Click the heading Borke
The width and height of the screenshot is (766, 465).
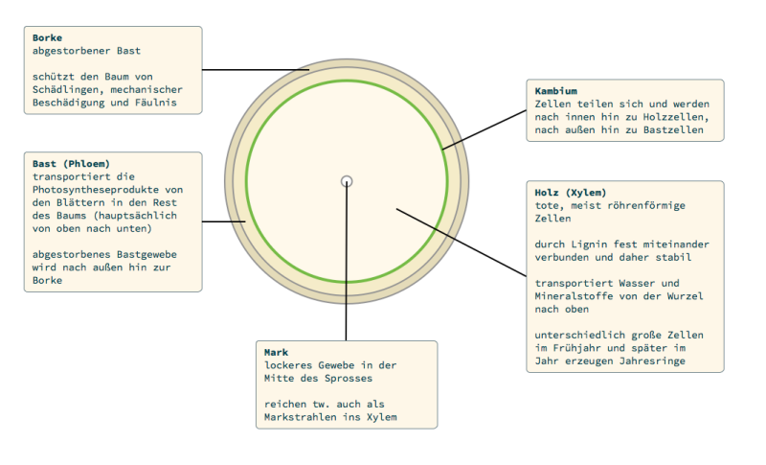point(47,37)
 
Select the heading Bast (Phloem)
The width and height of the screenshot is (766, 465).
point(71,163)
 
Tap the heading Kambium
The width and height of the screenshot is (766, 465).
point(556,91)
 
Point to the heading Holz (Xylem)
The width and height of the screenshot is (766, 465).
point(570,192)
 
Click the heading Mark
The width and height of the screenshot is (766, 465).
point(276,352)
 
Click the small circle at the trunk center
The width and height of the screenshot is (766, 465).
point(347,181)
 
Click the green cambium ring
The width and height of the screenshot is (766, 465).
point(347,81)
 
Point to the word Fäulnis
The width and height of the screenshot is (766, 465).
point(156,103)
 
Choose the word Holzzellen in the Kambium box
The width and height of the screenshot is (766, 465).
point(673,117)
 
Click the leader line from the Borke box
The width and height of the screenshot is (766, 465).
point(256,70)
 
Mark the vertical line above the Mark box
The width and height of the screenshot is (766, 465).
point(346,261)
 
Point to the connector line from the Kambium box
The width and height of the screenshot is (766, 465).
point(484,129)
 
